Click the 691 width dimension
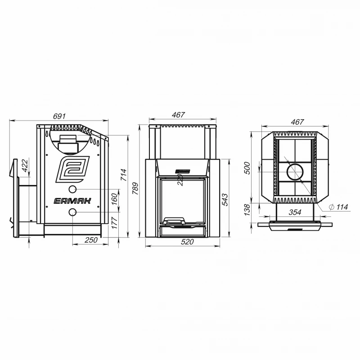[x=59, y=116]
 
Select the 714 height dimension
[x=123, y=175]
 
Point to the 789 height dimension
[x=135, y=188]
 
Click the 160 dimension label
[x=114, y=199]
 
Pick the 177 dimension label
[x=114, y=223]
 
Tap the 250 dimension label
[x=91, y=240]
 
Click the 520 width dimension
[x=187, y=242]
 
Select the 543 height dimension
[x=225, y=200]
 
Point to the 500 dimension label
[x=247, y=168]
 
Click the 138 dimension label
[x=247, y=210]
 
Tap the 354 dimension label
[x=295, y=212]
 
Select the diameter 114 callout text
[x=338, y=207]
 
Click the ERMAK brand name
[x=72, y=201]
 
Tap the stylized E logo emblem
[x=72, y=169]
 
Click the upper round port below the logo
[x=72, y=189]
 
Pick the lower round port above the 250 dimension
[x=72, y=212]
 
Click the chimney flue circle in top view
[x=295, y=172]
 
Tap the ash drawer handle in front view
[x=174, y=221]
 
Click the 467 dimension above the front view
[x=178, y=115]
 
